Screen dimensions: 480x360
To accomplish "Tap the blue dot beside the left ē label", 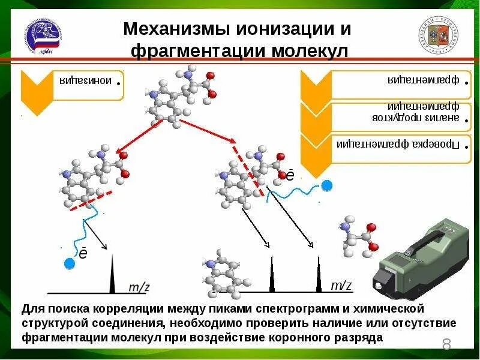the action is pyautogui.click(x=70, y=262).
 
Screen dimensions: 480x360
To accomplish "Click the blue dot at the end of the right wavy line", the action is pyautogui.click(x=326, y=185).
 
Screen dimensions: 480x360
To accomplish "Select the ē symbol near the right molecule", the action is pyautogui.click(x=290, y=175).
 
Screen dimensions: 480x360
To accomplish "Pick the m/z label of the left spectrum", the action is pyautogui.click(x=139, y=287).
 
